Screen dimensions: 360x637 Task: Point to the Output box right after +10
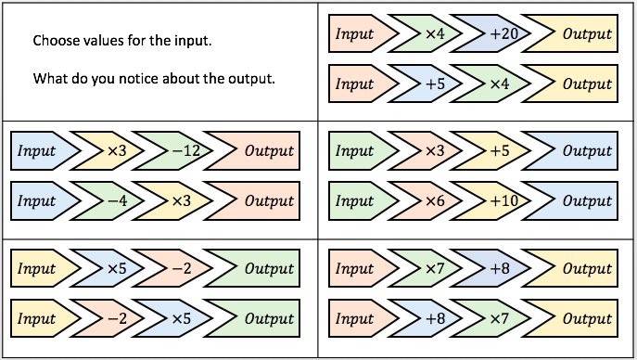[x=584, y=200]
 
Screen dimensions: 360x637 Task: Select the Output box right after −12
[x=266, y=150]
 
